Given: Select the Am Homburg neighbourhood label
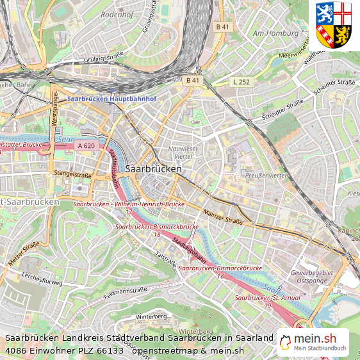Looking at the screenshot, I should (277, 33).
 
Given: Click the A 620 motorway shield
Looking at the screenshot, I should (86, 146).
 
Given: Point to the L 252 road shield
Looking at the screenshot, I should (241, 81).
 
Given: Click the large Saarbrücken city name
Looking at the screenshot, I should (154, 168).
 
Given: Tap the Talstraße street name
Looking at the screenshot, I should (165, 258).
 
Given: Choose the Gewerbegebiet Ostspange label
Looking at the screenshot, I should (311, 277).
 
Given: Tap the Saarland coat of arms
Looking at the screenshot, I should (334, 25).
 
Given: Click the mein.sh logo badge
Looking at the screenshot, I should (314, 343).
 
